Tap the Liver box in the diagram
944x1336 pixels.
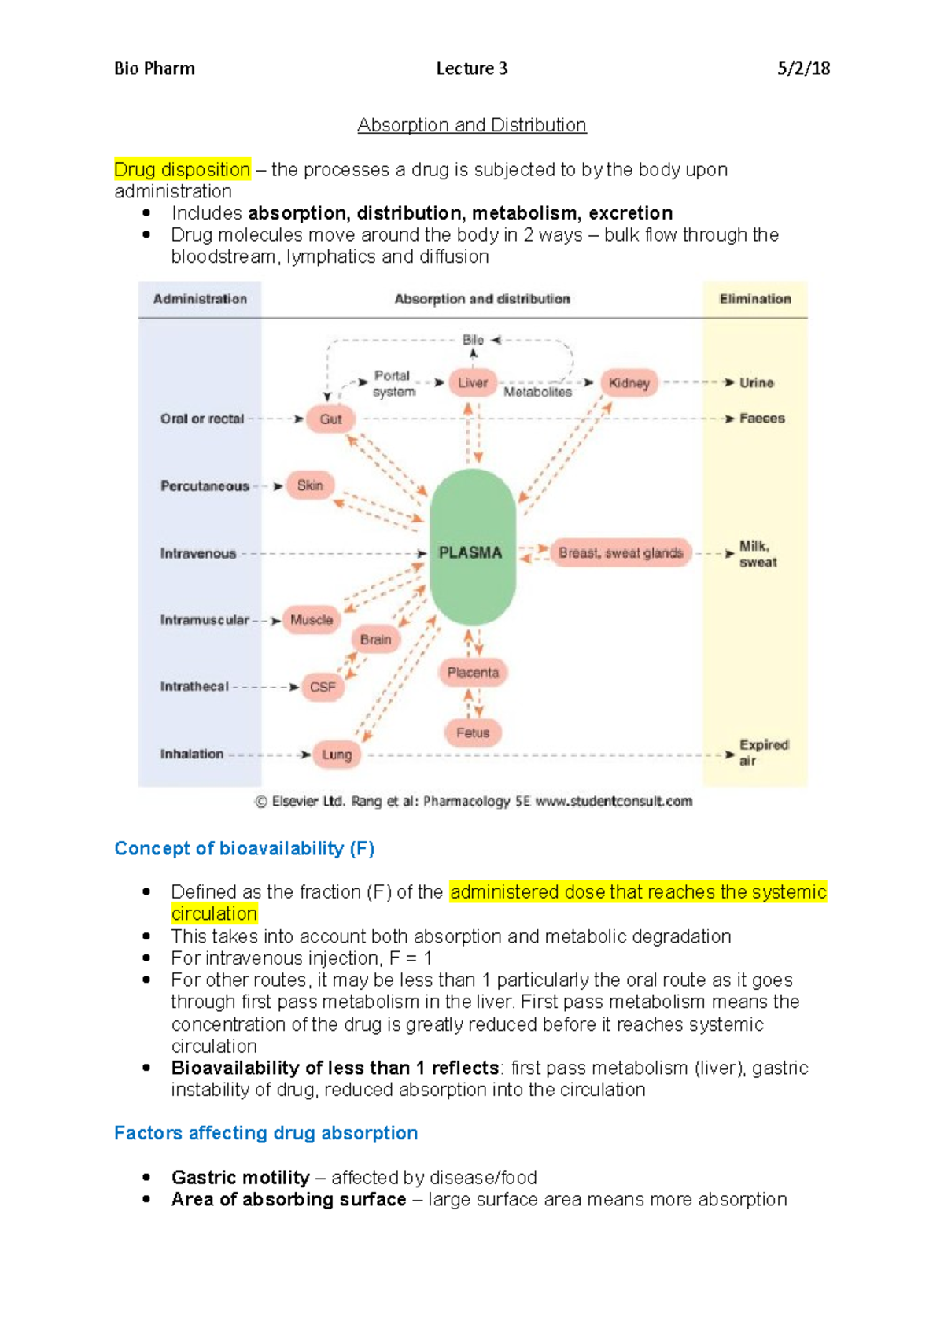473,383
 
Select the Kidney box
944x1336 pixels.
629,383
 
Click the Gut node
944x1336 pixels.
330,419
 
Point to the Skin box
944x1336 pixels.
310,485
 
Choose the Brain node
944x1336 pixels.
375,640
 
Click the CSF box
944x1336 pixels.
323,687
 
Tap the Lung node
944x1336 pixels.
337,755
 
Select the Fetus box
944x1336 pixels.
473,733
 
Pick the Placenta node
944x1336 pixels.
473,673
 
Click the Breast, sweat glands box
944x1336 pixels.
621,553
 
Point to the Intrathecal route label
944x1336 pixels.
194,687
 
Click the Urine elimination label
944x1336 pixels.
756,383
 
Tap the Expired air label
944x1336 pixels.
762,752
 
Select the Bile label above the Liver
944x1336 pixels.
473,340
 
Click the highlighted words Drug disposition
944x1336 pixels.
182,169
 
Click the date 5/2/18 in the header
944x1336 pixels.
803,68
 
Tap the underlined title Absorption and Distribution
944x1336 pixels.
472,125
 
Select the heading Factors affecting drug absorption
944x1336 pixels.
266,1133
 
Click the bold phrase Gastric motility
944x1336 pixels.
240,1177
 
